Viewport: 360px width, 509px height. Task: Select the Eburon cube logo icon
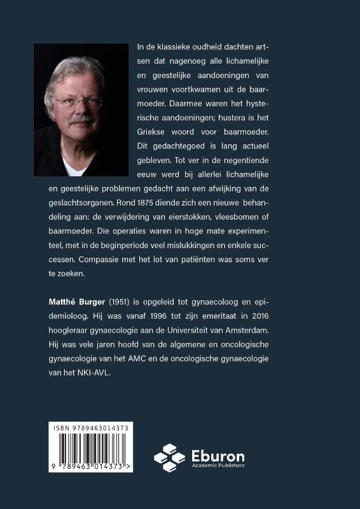tap(170, 457)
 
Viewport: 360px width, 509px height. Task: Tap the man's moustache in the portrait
tap(81, 119)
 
